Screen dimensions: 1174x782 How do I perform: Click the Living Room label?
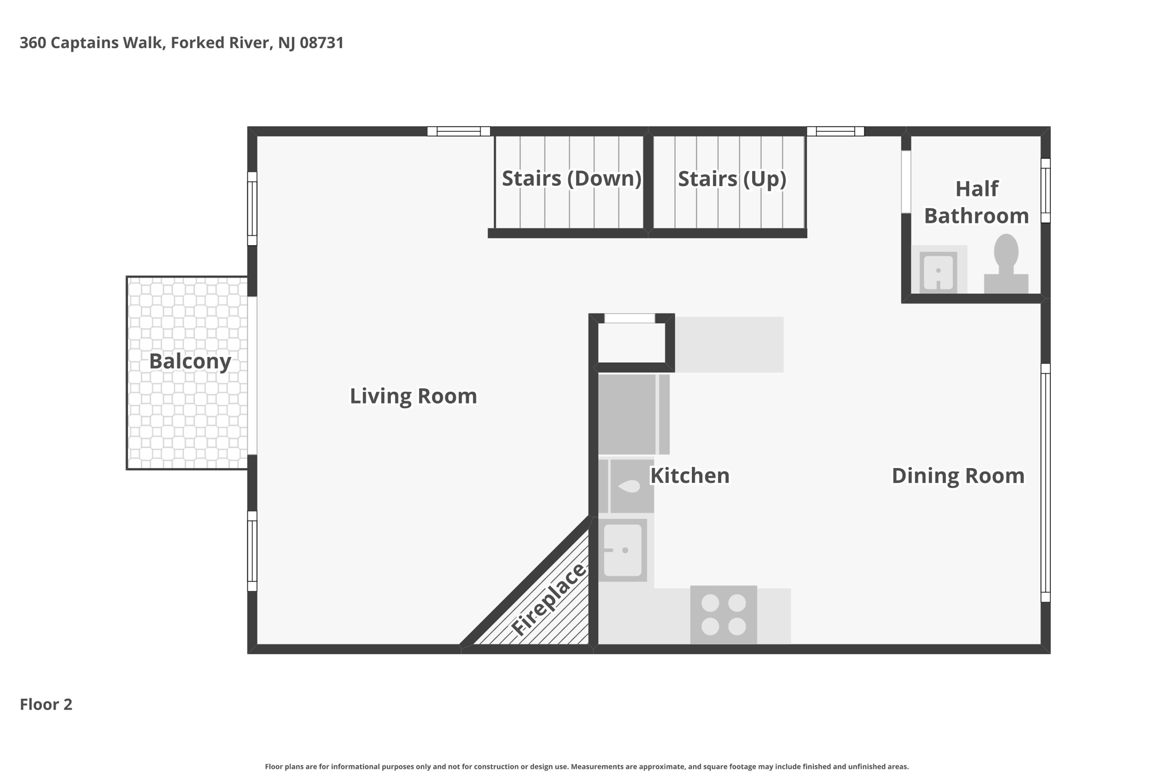[x=413, y=396]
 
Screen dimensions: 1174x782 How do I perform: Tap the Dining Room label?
[x=958, y=476]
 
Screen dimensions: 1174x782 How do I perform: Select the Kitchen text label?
[x=690, y=476]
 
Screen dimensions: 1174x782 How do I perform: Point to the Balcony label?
[x=190, y=361]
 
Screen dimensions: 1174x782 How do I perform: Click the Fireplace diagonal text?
[x=548, y=599]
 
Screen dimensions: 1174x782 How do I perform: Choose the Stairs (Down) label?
[x=572, y=178]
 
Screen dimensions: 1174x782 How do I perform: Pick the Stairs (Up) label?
[x=732, y=179]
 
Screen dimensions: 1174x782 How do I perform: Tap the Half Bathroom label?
[x=976, y=202]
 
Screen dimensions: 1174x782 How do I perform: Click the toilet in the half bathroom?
[x=1006, y=264]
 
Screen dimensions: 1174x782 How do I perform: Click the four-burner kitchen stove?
[x=723, y=614]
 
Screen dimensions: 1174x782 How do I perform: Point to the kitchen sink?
[x=623, y=550]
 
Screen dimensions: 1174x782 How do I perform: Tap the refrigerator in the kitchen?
[x=634, y=414]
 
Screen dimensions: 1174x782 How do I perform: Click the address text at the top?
[x=182, y=43]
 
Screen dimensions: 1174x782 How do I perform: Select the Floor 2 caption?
[x=46, y=704]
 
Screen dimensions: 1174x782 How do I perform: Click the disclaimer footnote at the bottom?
[x=586, y=767]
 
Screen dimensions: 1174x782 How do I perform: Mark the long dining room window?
[x=1046, y=482]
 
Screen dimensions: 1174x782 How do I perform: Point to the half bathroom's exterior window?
[x=1046, y=190]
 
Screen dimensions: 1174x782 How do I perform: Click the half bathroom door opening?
[x=906, y=182]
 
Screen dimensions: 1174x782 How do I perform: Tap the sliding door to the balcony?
[x=252, y=375]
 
